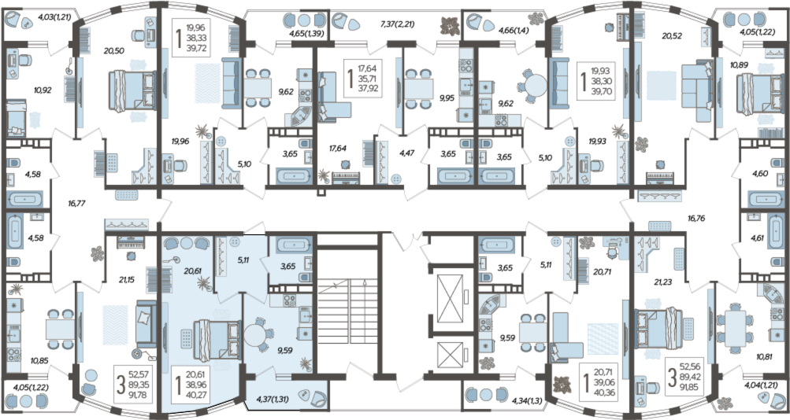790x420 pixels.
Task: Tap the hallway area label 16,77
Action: point(76,203)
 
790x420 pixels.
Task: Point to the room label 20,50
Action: point(114,50)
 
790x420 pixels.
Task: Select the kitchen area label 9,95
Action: point(447,98)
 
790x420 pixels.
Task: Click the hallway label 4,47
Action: point(406,153)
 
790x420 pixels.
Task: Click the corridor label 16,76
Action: point(695,219)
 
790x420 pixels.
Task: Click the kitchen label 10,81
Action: point(766,357)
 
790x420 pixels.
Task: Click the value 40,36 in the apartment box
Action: point(604,392)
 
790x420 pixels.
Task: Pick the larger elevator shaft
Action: point(447,294)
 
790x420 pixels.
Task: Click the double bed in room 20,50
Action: point(132,90)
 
